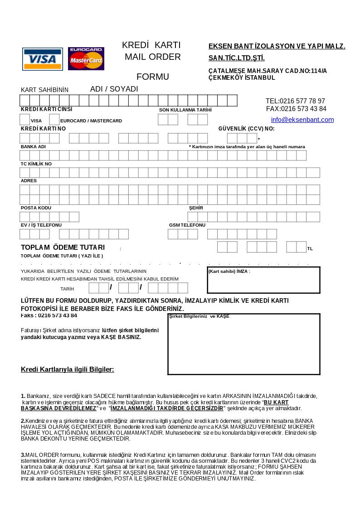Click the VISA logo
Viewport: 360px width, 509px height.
pos(43,59)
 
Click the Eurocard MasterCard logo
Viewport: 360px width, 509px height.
pos(86,58)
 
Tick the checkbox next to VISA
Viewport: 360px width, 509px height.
pos(25,120)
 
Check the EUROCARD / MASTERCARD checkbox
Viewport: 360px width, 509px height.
pos(54,120)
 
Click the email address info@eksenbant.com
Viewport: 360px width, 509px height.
pos(302,120)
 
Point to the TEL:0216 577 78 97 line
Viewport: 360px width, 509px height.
pos(295,101)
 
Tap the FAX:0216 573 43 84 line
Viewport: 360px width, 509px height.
pos(296,109)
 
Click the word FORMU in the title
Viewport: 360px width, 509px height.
pos(153,77)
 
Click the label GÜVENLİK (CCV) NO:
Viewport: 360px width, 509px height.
pos(246,129)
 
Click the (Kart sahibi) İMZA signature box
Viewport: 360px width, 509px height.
pos(263,280)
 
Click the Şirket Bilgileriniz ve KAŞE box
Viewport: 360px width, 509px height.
pos(244,344)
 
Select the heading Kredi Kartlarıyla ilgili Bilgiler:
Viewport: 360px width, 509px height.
pos(68,369)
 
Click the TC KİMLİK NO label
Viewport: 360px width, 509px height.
pos(36,164)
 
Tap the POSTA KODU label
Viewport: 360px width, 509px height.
pos(36,208)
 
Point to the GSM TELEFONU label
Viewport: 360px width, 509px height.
pos(187,225)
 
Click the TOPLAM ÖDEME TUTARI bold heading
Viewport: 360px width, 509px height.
pos(63,247)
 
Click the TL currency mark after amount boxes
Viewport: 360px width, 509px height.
pos(310,249)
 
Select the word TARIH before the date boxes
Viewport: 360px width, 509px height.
pos(67,289)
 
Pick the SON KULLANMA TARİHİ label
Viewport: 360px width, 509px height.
pos(185,110)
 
